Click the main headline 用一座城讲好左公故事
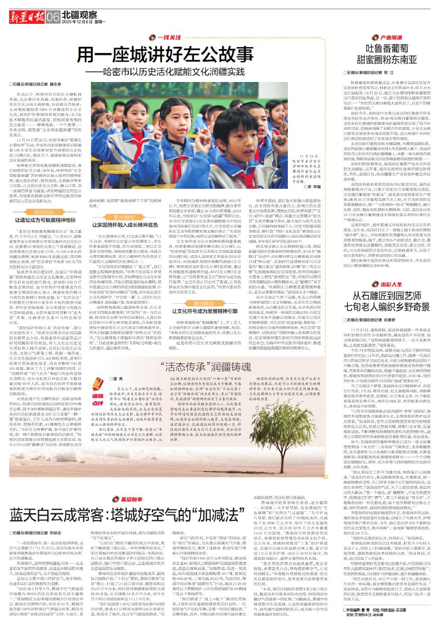165,55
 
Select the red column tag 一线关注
167,37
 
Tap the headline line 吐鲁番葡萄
388,49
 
